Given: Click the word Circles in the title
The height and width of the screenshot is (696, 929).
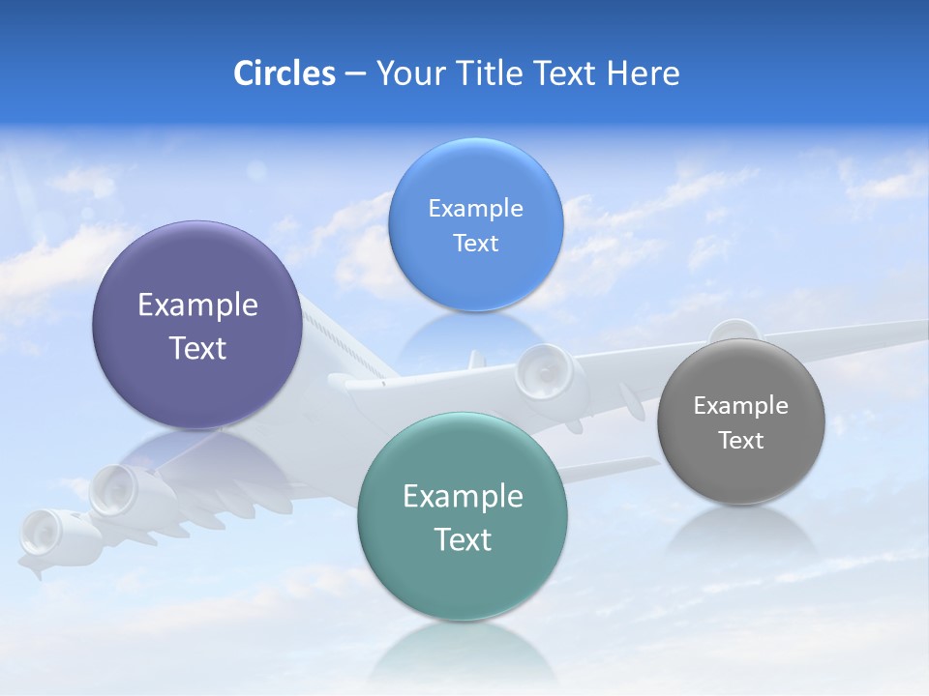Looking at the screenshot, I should [x=284, y=73].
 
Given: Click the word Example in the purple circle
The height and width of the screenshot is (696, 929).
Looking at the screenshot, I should [x=197, y=305].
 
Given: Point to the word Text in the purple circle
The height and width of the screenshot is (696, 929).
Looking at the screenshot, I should [x=197, y=348].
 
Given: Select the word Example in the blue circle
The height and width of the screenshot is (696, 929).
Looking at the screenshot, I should [x=475, y=209].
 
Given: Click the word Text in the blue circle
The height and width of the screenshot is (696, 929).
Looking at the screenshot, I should [x=475, y=243].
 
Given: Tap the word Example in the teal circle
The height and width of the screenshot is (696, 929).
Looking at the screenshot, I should [x=463, y=497].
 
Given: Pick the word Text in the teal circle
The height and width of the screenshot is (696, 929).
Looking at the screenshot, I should [x=463, y=539].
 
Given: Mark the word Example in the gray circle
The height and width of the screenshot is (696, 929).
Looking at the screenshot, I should [x=740, y=406].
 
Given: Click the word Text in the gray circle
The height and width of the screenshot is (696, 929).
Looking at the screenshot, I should [x=740, y=441].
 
